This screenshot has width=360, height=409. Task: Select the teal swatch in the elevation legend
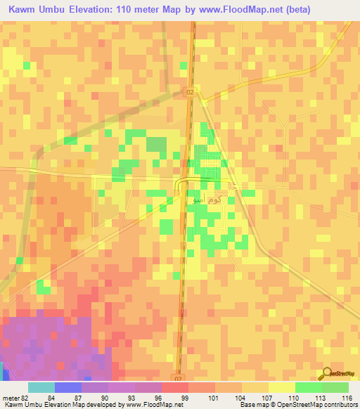(x=41, y=387)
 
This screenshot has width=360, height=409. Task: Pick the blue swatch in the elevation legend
(x=67, y=387)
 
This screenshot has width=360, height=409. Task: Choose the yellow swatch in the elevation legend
(x=281, y=387)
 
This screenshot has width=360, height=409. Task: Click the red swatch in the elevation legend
(x=174, y=387)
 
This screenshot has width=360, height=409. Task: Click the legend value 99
(x=184, y=398)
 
